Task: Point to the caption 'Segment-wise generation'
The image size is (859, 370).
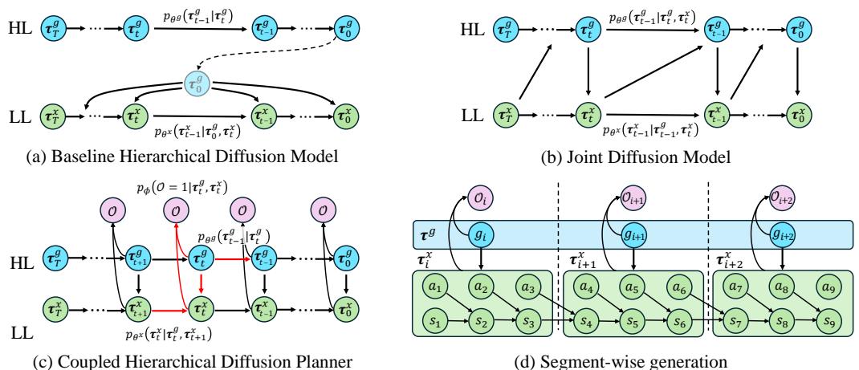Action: click(632, 358)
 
